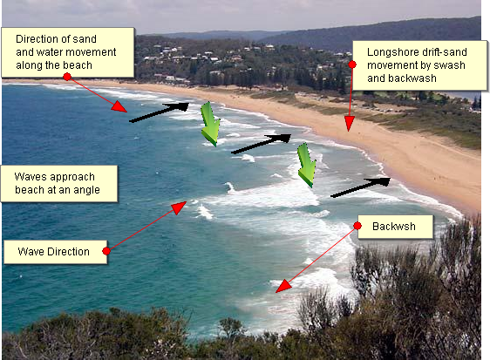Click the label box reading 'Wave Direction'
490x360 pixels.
pyautogui.click(x=54, y=252)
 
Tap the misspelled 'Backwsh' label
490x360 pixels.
pyautogui.click(x=393, y=227)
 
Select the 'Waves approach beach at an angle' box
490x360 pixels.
pyautogui.click(x=58, y=183)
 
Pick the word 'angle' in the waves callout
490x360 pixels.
pyautogui.click(x=85, y=190)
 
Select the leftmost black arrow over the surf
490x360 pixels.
pyautogui.click(x=159, y=112)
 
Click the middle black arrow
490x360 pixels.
pyautogui.click(x=261, y=144)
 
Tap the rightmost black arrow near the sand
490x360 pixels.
pyautogui.click(x=360, y=187)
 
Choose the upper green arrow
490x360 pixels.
pyautogui.click(x=209, y=123)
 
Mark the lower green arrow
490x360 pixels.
pyautogui.click(x=305, y=165)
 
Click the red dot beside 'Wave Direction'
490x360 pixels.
pyautogui.click(x=106, y=251)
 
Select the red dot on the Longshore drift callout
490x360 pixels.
pyautogui.click(x=352, y=65)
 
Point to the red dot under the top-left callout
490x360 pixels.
pyautogui.click(x=67, y=77)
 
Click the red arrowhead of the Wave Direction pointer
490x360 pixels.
pyautogui.click(x=180, y=207)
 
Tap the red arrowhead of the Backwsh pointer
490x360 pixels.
pyautogui.click(x=281, y=286)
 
